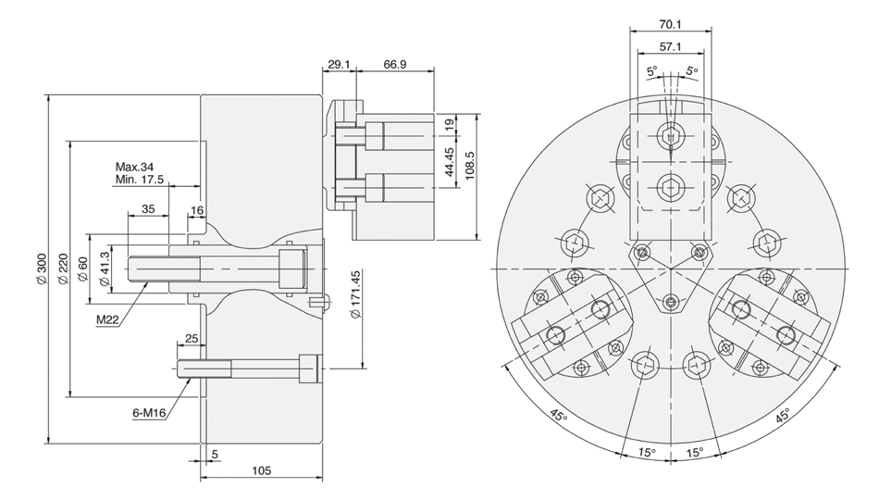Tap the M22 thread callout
[x=107, y=319]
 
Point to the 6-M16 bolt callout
[x=149, y=413]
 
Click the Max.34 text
[x=134, y=167]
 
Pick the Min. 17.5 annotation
[x=140, y=180]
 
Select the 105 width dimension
[x=261, y=470]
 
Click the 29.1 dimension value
[x=339, y=64]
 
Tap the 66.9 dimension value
[x=395, y=64]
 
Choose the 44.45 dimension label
[x=449, y=162]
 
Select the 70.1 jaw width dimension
[x=670, y=24]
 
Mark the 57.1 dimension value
[x=670, y=46]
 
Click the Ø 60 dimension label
[x=82, y=270]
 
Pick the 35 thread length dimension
[x=148, y=208]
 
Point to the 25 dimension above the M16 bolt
[x=192, y=338]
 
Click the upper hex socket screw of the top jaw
[x=670, y=135]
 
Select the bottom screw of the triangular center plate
[x=671, y=303]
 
